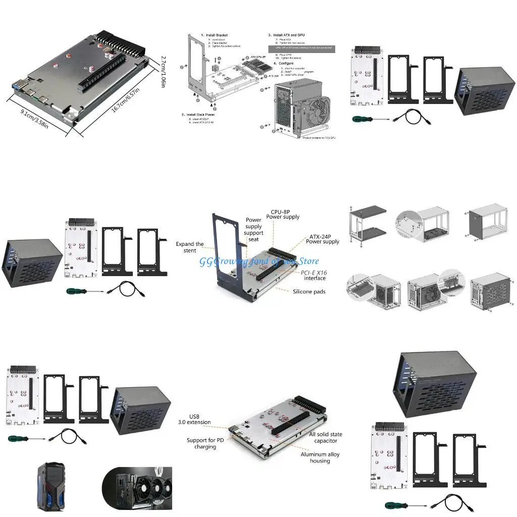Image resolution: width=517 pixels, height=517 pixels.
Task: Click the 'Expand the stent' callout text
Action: (x=190, y=247)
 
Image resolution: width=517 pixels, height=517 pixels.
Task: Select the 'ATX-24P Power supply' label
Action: (x=323, y=239)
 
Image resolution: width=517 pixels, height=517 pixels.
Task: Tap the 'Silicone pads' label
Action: (x=309, y=291)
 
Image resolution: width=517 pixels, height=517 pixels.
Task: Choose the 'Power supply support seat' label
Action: (x=253, y=230)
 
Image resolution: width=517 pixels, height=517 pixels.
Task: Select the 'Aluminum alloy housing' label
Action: (x=320, y=457)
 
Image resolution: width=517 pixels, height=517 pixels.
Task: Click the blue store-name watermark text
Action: (x=259, y=261)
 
